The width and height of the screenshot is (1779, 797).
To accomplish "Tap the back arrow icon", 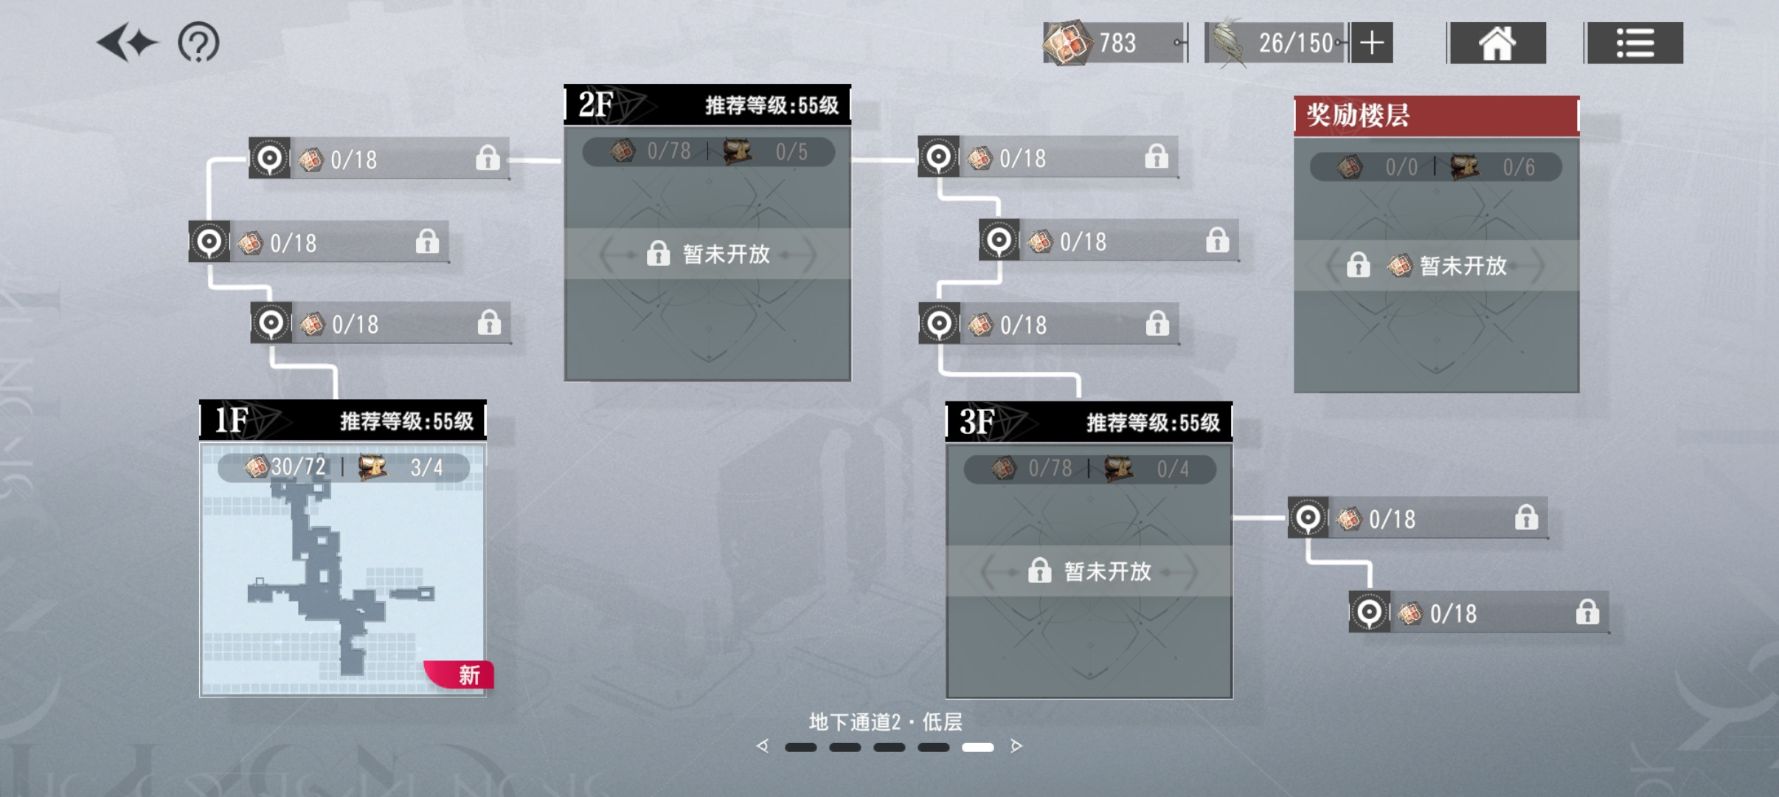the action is [127, 43].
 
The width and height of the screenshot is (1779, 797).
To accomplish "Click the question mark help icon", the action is [198, 43].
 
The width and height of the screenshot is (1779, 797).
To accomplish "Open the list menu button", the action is [1635, 43].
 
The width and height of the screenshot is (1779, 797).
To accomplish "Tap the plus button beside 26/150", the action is [1372, 43].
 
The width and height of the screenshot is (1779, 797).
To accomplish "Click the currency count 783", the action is [1117, 43].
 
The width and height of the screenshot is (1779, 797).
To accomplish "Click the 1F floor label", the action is [231, 420].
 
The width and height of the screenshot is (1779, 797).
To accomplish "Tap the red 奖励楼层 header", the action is [1436, 116].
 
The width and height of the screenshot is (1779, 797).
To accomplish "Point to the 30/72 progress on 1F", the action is [298, 466].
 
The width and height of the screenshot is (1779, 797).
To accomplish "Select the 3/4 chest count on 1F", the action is [426, 467].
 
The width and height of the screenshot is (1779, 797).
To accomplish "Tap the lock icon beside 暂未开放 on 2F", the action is [658, 254].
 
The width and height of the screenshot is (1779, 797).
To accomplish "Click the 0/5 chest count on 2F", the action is [791, 152].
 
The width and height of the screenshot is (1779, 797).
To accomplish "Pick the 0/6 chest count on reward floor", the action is [1519, 168].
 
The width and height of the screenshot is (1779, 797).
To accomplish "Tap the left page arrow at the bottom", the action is [763, 746].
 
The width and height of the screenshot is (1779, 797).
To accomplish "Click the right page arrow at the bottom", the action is [1016, 746].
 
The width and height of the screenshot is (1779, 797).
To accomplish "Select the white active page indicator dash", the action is [978, 748].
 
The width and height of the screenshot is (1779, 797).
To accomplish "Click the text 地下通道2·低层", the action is [886, 722].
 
